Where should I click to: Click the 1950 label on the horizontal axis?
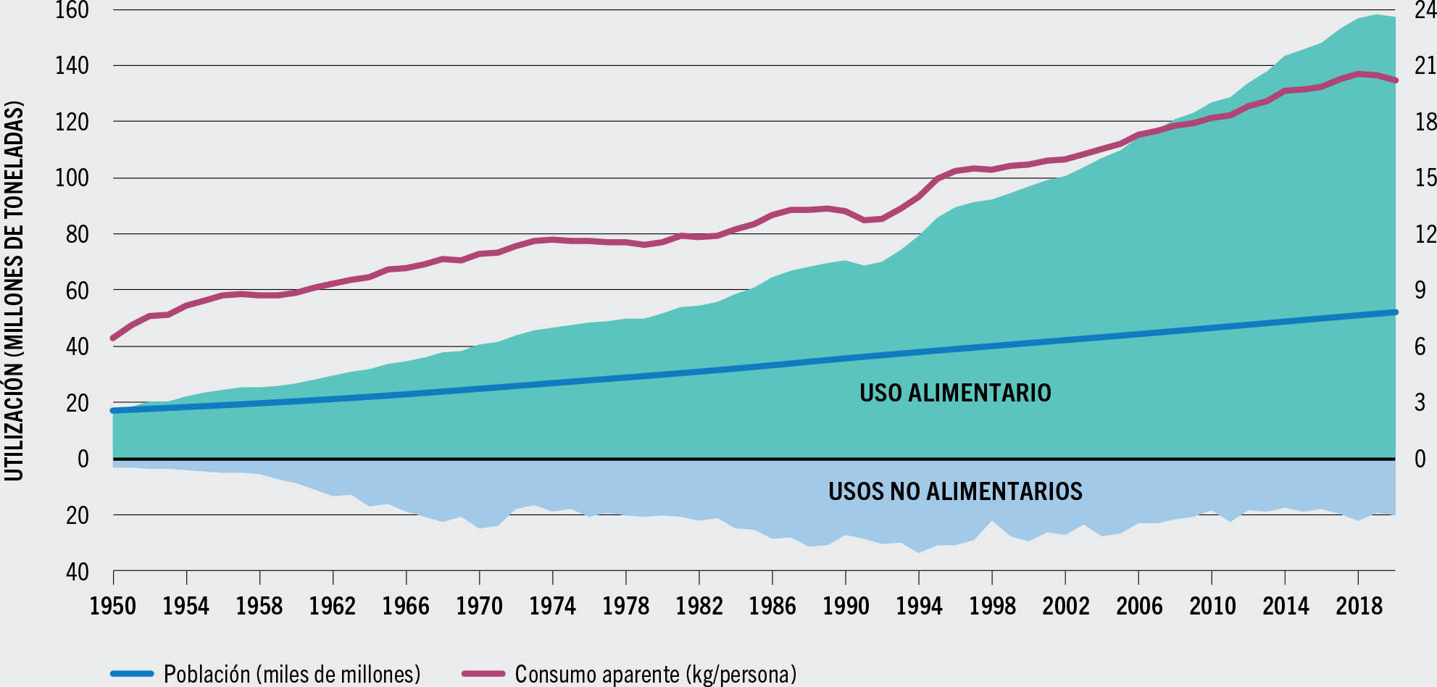[x=112, y=605]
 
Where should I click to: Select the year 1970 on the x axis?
[x=479, y=605]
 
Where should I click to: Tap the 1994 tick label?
[x=919, y=605]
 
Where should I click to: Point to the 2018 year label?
[x=1359, y=605]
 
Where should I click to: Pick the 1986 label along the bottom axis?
[x=772, y=605]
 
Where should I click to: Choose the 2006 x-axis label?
[x=1139, y=605]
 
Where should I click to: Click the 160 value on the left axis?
[x=72, y=11]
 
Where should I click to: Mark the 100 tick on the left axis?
[x=72, y=178]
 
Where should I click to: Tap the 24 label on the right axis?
[x=1425, y=11]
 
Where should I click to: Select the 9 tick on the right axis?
[x=1420, y=290]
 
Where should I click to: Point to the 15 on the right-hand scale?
[x=1425, y=178]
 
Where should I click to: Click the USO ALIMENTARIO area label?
[x=955, y=393]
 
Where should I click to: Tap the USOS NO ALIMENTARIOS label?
[x=955, y=491]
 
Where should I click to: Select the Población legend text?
[x=292, y=674]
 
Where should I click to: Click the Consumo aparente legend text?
[x=655, y=674]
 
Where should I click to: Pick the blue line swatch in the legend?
[x=132, y=674]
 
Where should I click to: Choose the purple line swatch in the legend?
[x=483, y=674]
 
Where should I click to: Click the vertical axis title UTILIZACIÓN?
[x=14, y=290]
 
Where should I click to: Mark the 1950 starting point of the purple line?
[x=113, y=338]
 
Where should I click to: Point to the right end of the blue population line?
[x=1394, y=312]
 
